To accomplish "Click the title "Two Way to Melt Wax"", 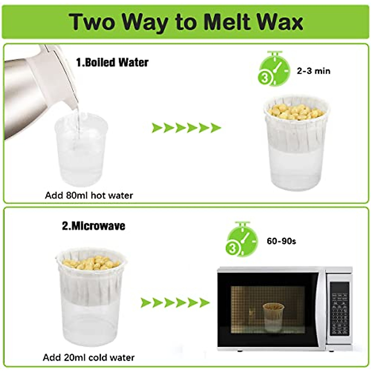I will pos(185,22).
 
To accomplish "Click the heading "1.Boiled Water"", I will pos(112,62).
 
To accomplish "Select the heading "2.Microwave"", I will pos(94,226).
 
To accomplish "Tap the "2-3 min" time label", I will pos(313,71).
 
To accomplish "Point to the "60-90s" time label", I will pos(281,241).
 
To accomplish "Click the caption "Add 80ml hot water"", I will pos(89,195).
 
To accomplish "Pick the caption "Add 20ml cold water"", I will pos(89,358).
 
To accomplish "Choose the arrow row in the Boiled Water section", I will pos(186,128).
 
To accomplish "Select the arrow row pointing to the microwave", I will pos(175,303).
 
